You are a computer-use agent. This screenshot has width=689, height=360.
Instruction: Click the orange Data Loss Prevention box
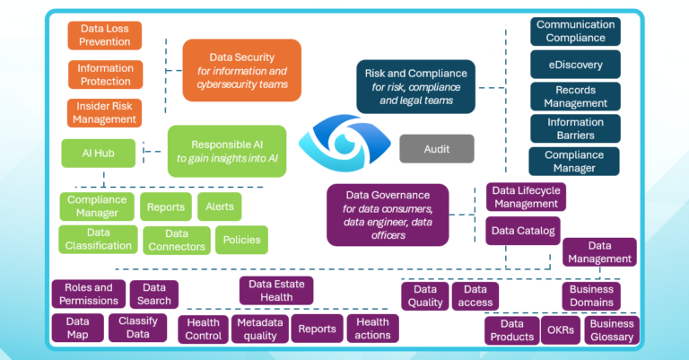(x=105, y=35)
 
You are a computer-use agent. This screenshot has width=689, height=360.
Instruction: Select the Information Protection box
(x=105, y=75)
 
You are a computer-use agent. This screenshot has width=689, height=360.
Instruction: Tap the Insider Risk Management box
(x=105, y=112)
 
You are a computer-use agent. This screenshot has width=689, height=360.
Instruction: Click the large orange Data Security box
(x=241, y=70)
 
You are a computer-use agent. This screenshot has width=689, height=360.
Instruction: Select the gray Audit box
(x=436, y=149)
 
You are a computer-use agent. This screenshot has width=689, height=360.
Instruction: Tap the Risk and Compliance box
(x=415, y=87)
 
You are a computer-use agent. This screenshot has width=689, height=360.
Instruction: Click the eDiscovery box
(x=575, y=65)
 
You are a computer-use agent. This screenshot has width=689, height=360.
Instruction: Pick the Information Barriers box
(x=575, y=128)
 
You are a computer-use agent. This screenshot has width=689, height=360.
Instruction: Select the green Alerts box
(x=219, y=206)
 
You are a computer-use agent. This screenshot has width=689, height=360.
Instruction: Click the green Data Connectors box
(x=176, y=240)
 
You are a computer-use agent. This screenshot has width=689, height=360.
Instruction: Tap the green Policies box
(x=241, y=240)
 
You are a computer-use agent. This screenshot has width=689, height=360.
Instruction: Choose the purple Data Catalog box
(x=523, y=231)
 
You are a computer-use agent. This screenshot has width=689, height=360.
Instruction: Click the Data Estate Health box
(x=276, y=290)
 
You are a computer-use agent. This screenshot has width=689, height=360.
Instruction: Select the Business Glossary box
(x=612, y=330)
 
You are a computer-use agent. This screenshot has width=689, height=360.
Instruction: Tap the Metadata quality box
(x=259, y=329)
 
